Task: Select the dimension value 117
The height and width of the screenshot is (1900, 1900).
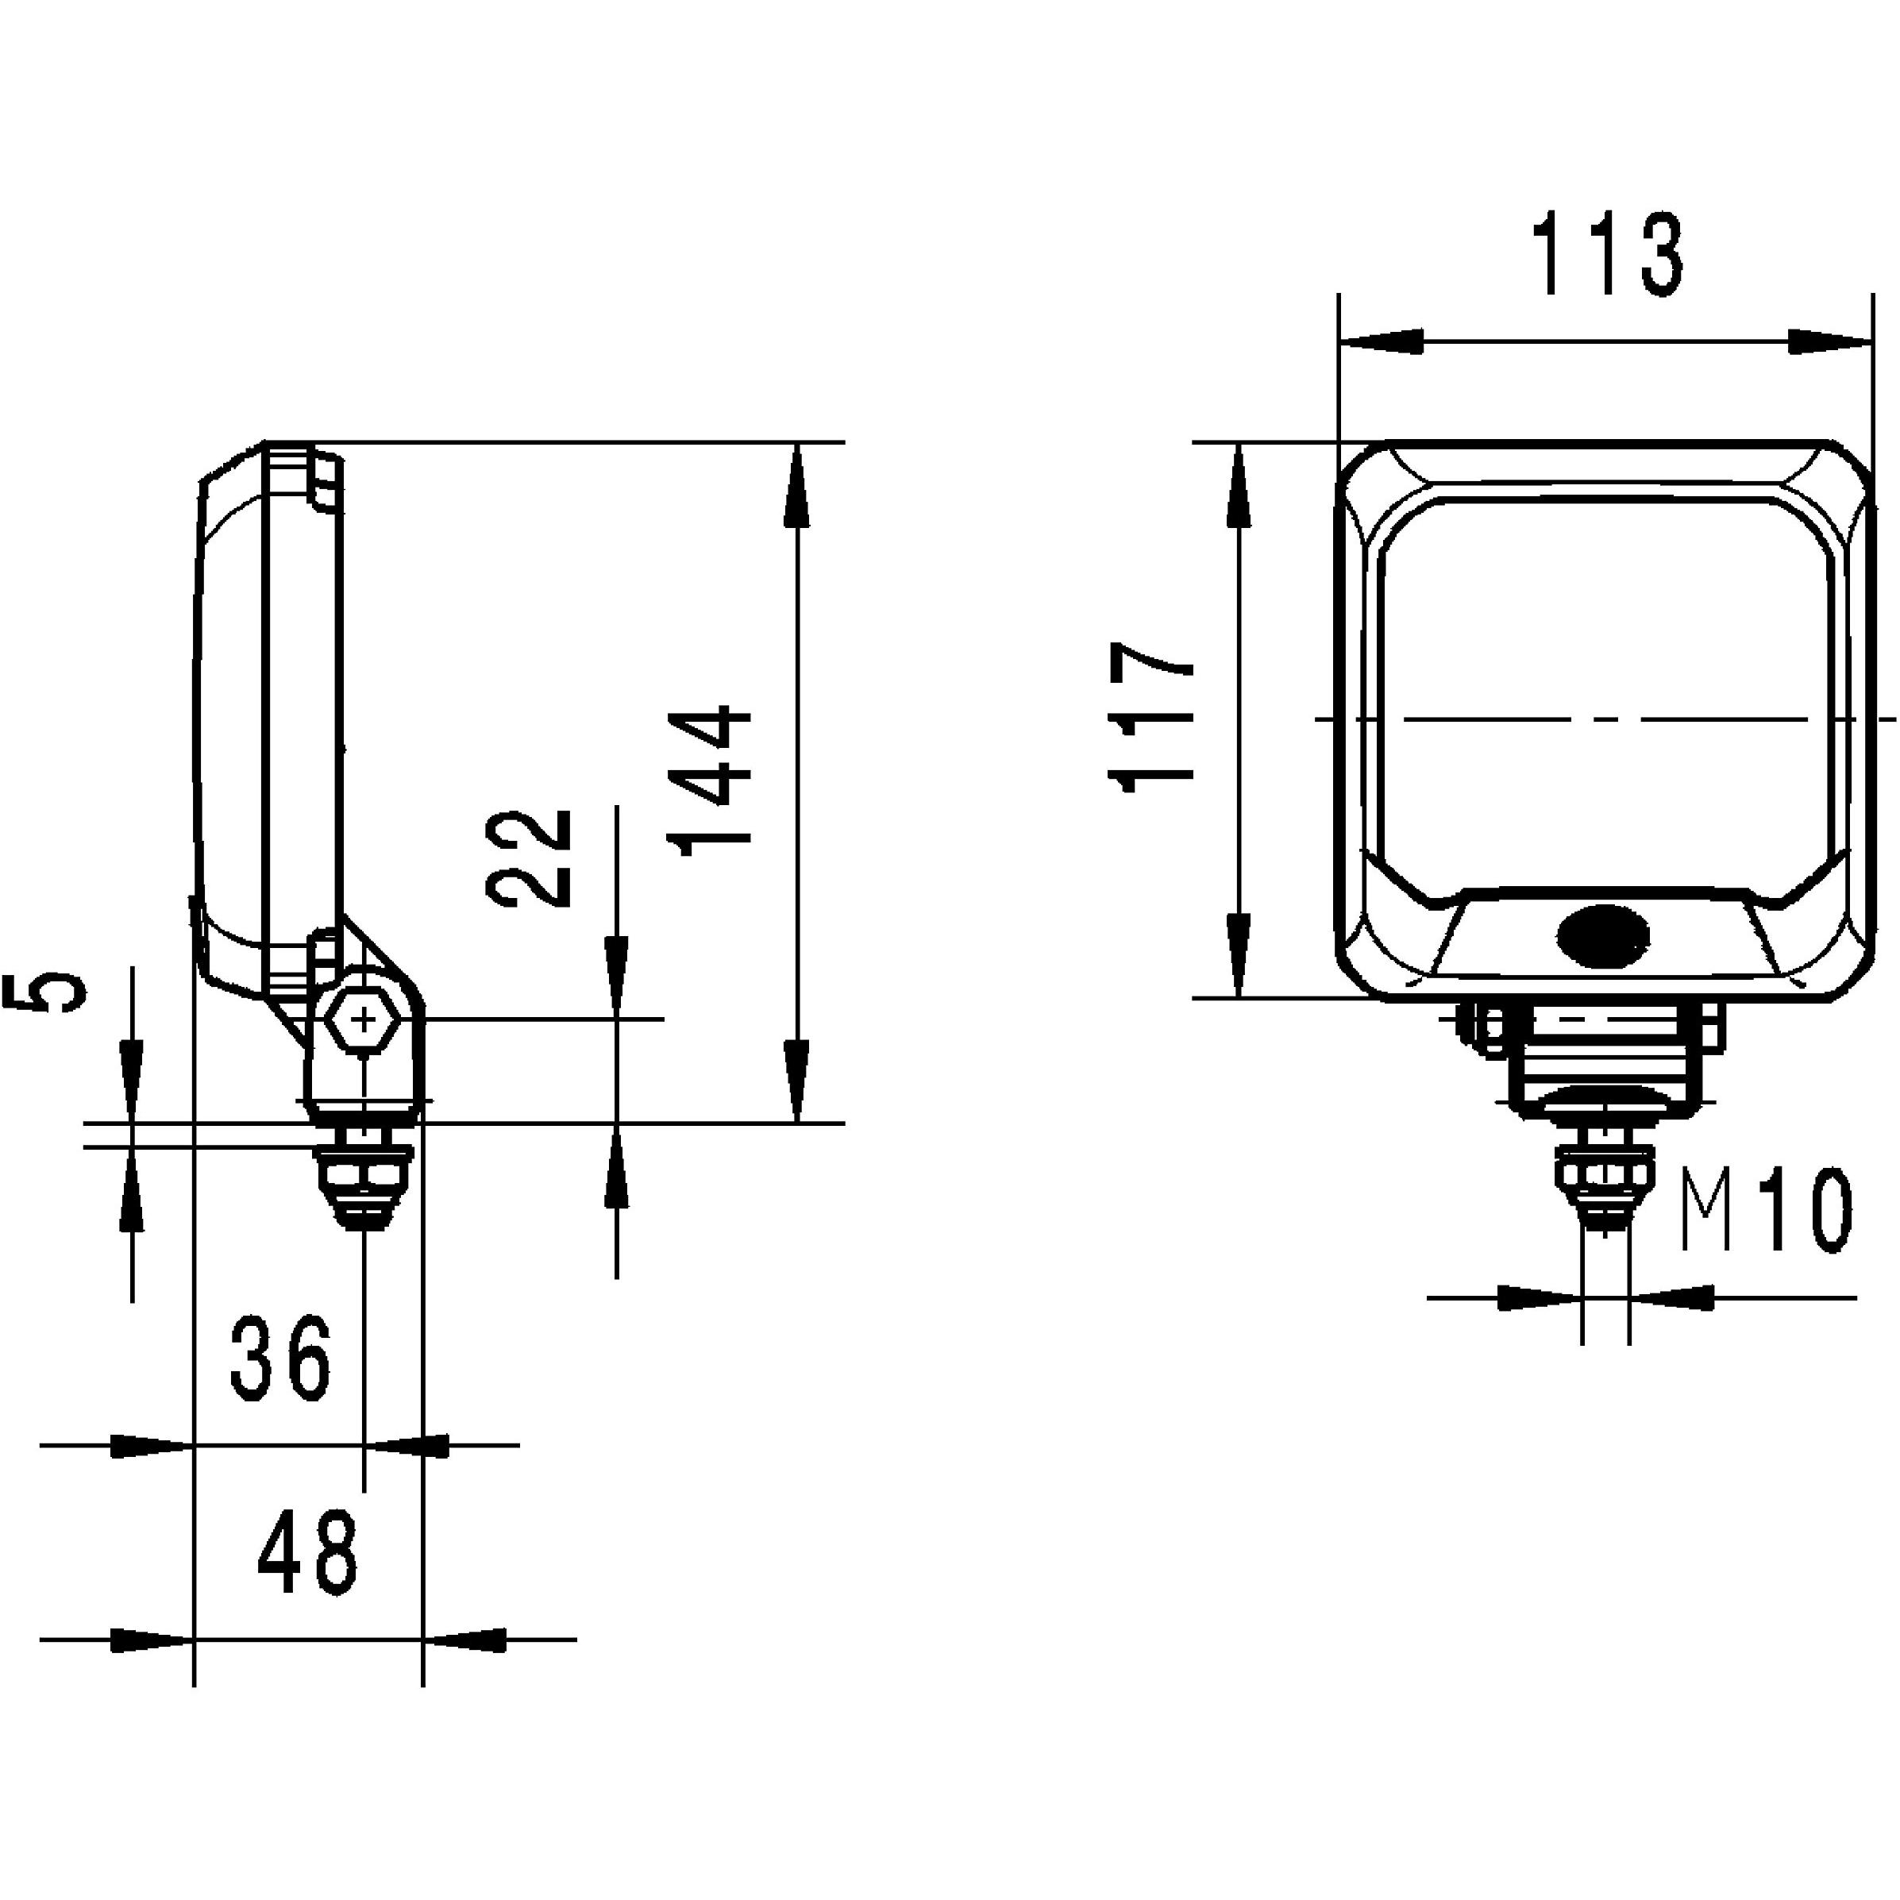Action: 1150,717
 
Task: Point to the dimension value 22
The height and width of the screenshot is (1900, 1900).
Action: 529,858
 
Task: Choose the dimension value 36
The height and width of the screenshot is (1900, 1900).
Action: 281,1360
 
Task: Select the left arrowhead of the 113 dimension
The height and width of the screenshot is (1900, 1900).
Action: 1382,341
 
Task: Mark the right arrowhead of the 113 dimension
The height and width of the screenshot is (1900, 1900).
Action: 1827,341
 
